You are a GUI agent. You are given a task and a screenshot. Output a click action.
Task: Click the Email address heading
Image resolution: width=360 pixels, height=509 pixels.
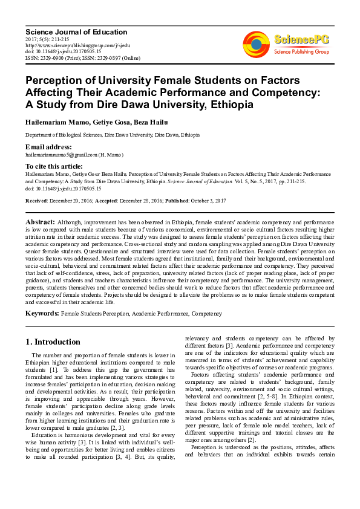(48, 147)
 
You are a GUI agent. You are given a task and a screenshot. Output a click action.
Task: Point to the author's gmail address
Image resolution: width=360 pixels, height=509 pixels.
(65, 155)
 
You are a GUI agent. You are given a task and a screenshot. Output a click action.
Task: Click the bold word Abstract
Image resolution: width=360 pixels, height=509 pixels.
(40, 222)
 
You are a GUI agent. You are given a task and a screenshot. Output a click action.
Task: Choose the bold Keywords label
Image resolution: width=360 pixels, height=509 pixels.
(42, 313)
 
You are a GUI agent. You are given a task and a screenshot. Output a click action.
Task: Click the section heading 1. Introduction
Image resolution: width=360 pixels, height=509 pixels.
(53, 342)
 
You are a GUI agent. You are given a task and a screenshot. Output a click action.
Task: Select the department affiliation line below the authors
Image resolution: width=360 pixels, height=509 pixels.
(112, 135)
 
